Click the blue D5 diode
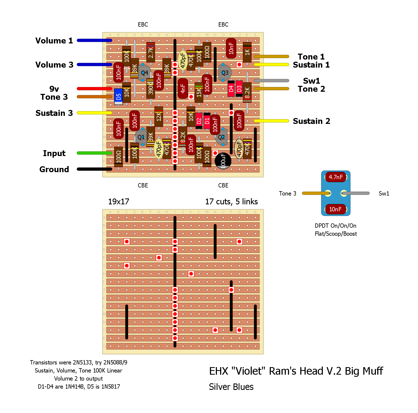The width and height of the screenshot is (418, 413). [x=119, y=97]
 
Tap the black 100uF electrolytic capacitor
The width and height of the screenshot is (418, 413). [x=223, y=161]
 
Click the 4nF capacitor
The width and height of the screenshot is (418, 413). [x=183, y=88]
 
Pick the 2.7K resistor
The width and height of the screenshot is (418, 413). [x=151, y=52]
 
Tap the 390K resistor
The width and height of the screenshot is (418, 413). [x=151, y=88]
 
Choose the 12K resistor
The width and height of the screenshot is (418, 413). [x=159, y=117]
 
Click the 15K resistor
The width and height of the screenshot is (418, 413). [x=199, y=93]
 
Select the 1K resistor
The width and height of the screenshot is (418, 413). [x=247, y=52]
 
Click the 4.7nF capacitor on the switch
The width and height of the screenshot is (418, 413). [x=336, y=177]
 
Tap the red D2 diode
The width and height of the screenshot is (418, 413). [x=199, y=121]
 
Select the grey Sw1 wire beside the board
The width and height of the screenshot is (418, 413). [x=271, y=80]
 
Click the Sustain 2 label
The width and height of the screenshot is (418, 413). [x=311, y=121]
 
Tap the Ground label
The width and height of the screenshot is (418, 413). [x=54, y=169]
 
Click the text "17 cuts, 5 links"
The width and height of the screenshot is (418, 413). [x=231, y=202]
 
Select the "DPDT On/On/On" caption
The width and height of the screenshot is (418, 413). [x=335, y=226]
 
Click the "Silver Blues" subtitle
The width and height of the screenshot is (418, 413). [x=231, y=387]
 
